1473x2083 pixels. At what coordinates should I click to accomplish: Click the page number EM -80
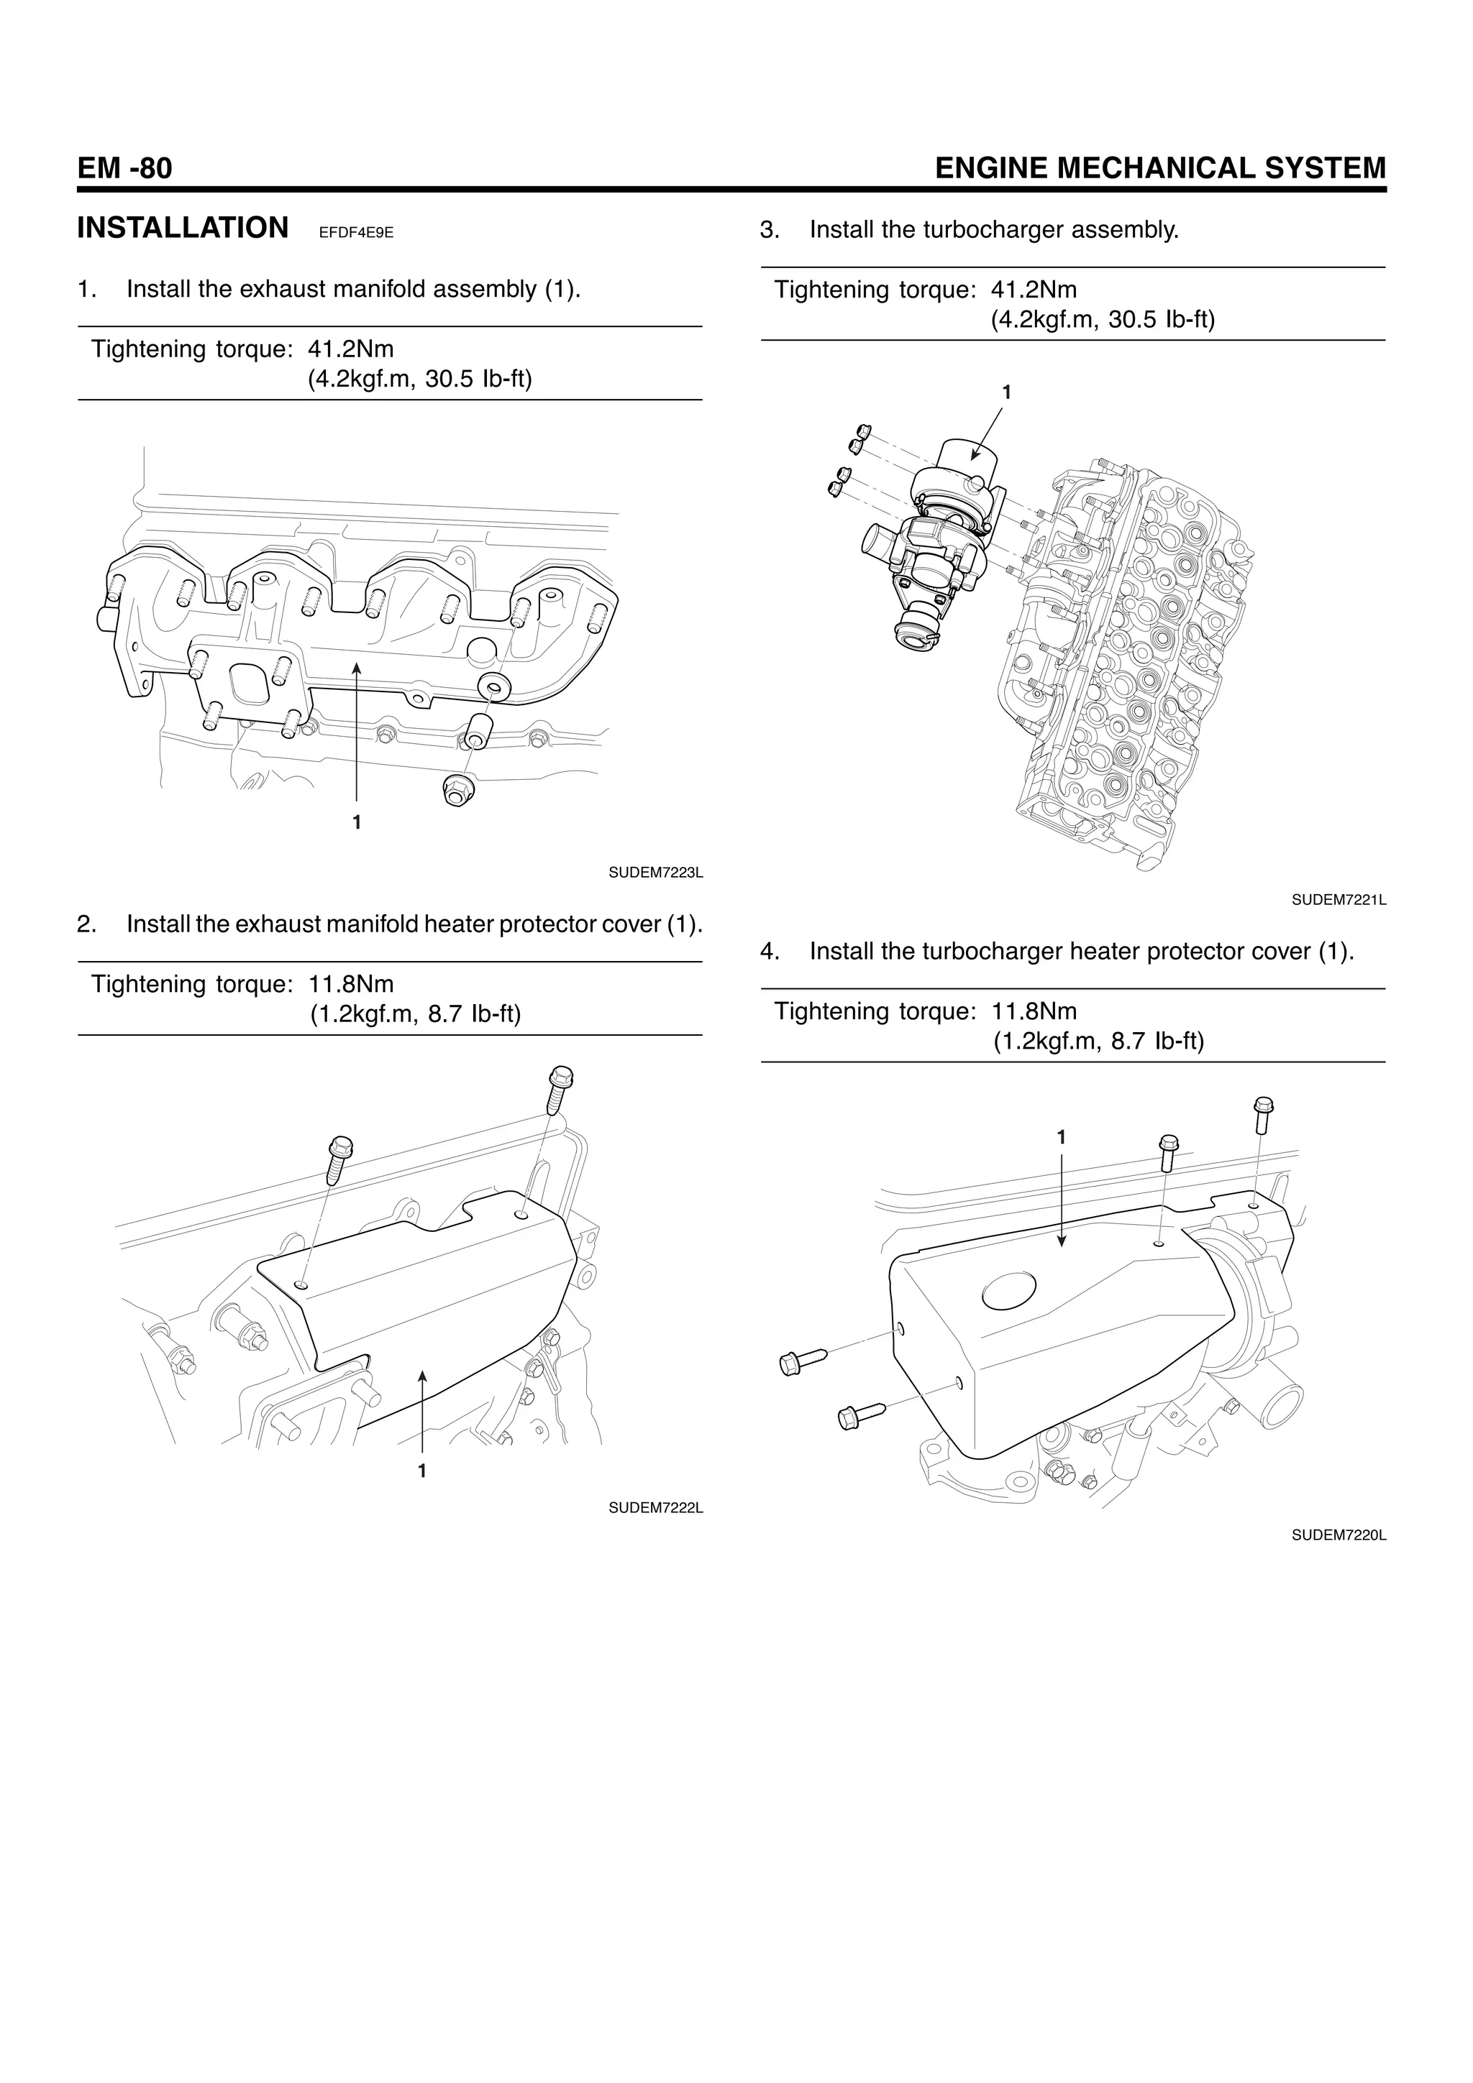click(124, 169)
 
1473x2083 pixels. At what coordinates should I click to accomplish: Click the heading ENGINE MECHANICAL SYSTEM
click(1160, 169)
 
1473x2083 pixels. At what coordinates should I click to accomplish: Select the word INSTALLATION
click(183, 228)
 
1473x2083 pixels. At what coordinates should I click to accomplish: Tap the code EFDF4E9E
click(356, 233)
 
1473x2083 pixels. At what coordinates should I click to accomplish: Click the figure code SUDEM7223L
click(655, 873)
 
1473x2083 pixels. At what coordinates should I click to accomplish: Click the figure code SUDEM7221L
click(1339, 900)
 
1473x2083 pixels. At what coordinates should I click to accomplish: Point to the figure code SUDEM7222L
click(655, 1508)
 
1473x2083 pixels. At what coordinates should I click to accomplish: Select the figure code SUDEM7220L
click(1339, 1535)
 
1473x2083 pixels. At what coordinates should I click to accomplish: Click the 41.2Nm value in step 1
click(351, 349)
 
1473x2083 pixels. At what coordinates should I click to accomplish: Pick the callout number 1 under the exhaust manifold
click(357, 822)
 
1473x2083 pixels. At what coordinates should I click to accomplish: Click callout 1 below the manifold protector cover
click(422, 1471)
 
